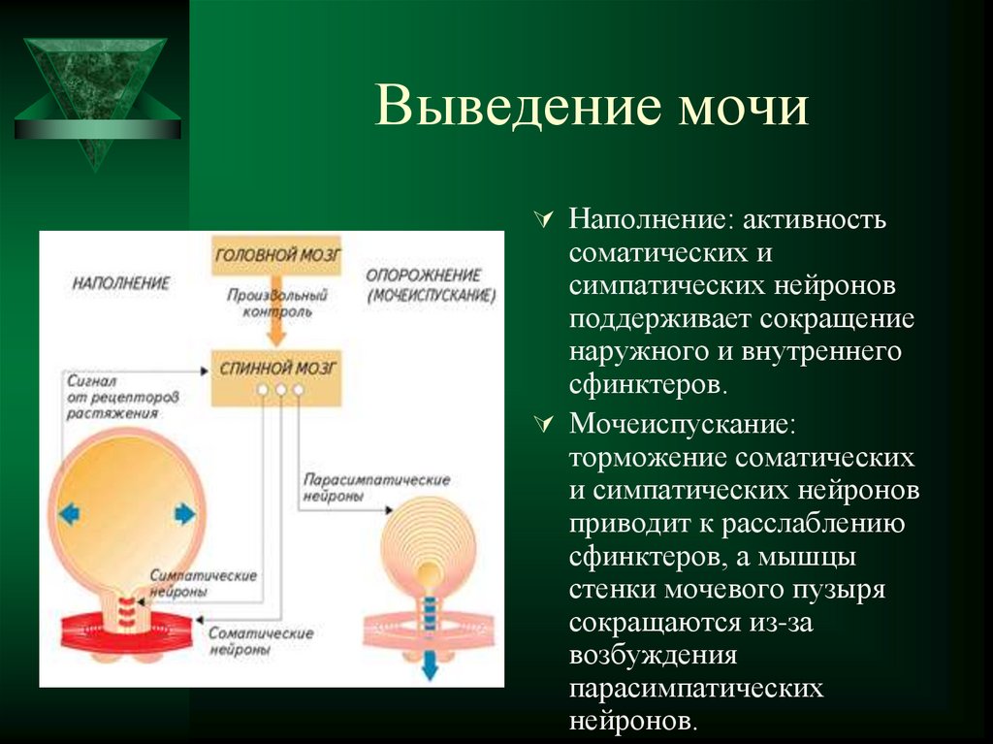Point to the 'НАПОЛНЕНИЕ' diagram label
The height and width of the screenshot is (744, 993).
coord(120,283)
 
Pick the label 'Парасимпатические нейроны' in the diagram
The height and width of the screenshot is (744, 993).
coord(376,488)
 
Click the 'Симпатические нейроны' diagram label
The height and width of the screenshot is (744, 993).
coord(204,582)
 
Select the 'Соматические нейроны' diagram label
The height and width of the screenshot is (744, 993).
coord(261,641)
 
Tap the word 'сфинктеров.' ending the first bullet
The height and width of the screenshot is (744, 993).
coord(648,383)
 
